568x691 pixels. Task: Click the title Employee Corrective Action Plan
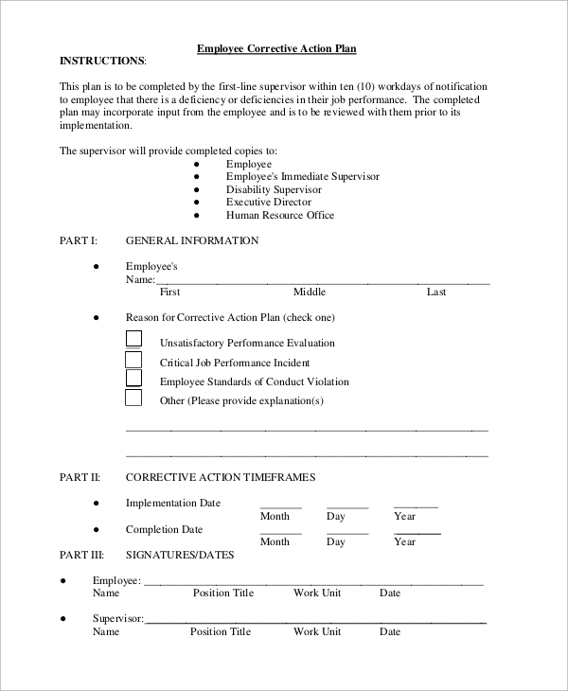275,47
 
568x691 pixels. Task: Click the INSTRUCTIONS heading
102,61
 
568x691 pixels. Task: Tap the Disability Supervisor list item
274,189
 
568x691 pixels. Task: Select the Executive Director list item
268,203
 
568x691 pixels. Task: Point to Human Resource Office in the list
279,216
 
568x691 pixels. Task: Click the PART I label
79,241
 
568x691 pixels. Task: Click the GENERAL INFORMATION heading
192,241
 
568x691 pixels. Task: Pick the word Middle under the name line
310,292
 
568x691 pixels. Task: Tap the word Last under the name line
436,292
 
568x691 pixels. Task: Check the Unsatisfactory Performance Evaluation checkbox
134,339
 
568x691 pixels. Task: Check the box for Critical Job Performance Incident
134,359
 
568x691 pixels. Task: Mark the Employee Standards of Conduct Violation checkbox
134,378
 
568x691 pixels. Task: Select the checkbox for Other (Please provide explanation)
134,398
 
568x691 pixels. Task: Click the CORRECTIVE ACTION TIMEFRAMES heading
221,478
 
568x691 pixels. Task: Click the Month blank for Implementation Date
280,505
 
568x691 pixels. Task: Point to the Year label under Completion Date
405,542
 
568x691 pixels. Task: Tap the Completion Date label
164,530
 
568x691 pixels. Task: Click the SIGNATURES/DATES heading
180,555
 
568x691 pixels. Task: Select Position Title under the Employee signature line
223,594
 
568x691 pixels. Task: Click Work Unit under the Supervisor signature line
317,632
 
